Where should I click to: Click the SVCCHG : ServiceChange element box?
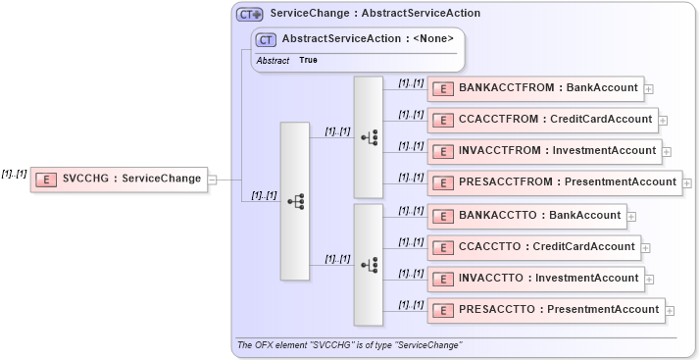point(119,180)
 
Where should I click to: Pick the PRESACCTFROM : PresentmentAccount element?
point(555,181)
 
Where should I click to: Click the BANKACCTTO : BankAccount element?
point(526,216)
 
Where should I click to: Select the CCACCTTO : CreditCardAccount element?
point(533,247)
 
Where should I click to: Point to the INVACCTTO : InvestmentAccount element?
point(535,279)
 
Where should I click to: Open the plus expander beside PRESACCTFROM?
point(687,182)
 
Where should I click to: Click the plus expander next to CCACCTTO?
point(645,248)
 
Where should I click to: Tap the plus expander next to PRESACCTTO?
point(670,311)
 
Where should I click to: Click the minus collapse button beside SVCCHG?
point(213,180)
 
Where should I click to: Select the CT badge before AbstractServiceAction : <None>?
point(266,40)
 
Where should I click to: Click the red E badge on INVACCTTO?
point(442,279)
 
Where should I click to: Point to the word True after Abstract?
point(308,61)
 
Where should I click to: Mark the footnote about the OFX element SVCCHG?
point(350,345)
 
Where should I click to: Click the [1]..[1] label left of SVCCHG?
point(14,174)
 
